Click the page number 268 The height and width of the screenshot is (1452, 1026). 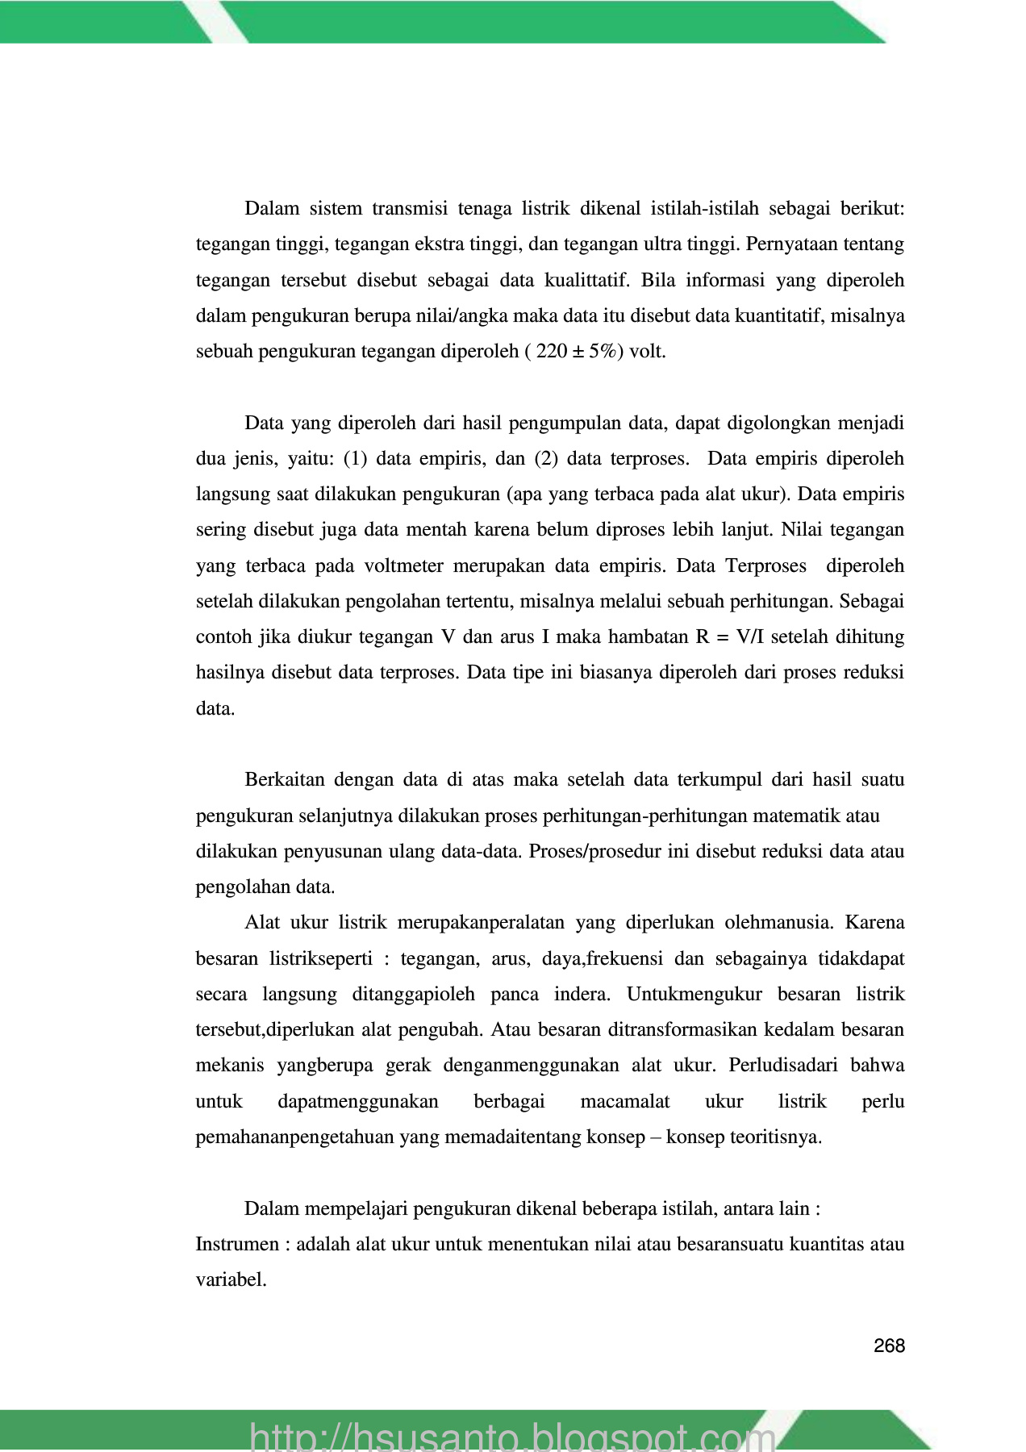(x=889, y=1346)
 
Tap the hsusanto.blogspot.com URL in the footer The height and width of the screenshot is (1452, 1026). (x=513, y=1436)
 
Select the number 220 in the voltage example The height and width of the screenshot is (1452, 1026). (x=552, y=352)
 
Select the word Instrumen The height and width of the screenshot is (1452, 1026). (x=237, y=1244)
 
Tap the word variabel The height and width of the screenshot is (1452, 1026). (x=231, y=1279)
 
